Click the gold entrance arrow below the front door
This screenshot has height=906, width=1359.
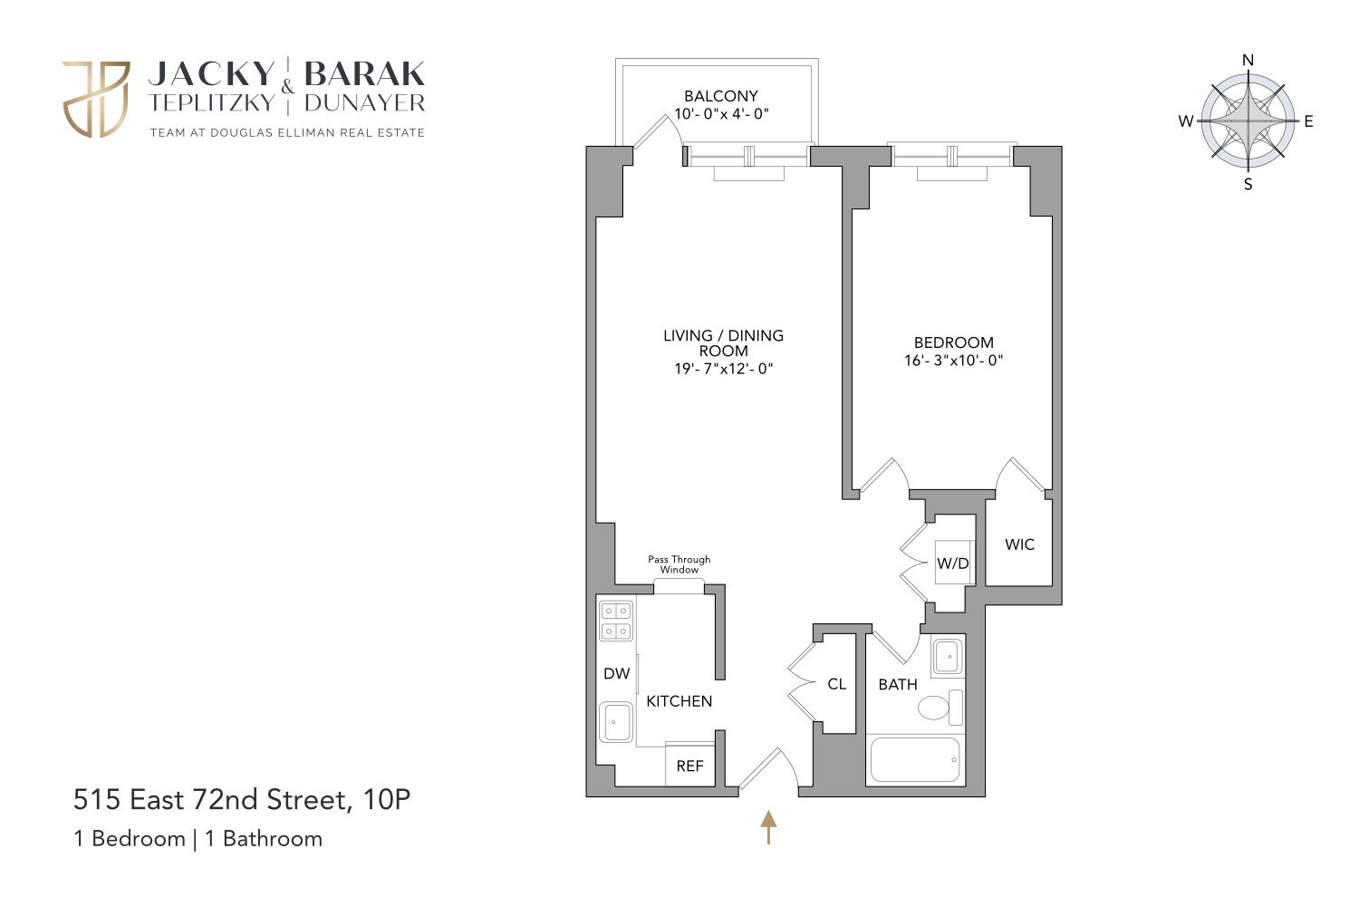768,826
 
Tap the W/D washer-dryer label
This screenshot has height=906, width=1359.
952,564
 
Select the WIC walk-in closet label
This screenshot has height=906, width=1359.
1019,545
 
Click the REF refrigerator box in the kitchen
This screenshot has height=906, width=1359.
689,766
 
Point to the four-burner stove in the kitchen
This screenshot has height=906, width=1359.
616,621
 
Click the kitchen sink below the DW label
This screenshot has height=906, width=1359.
616,722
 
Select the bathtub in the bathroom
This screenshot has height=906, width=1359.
914,760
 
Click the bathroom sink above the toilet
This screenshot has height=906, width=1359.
948,656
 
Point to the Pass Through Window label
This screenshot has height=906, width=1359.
679,564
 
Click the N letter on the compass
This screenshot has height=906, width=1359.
1248,61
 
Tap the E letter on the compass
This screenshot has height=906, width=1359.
1308,121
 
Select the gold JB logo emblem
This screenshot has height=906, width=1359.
96,99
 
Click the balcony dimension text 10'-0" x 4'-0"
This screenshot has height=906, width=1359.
721,115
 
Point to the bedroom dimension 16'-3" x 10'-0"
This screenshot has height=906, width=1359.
953,360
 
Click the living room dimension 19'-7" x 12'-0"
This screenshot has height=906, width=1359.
723,369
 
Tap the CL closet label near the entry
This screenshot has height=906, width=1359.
836,684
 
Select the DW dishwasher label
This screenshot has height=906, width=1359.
616,673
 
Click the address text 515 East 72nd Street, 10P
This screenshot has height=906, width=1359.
242,800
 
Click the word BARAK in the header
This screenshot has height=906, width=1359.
364,73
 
